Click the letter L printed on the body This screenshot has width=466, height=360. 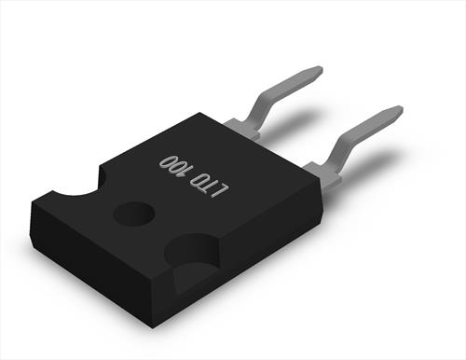coord(222,189)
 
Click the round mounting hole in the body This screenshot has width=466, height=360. coord(134,214)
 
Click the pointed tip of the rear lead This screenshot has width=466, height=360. coord(322,69)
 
